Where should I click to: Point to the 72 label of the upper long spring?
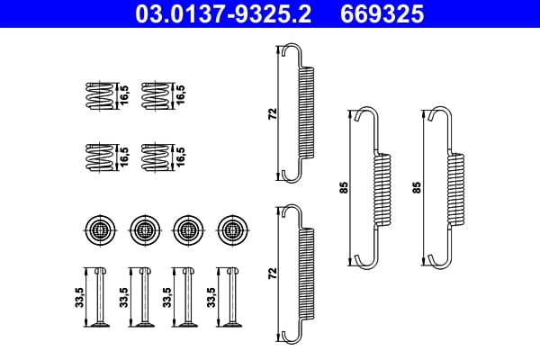273,113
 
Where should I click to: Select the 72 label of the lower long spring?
273,272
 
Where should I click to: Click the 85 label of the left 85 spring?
343,188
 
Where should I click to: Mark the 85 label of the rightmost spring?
417,188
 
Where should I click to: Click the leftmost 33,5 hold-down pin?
98,297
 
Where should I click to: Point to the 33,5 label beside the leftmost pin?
79,298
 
